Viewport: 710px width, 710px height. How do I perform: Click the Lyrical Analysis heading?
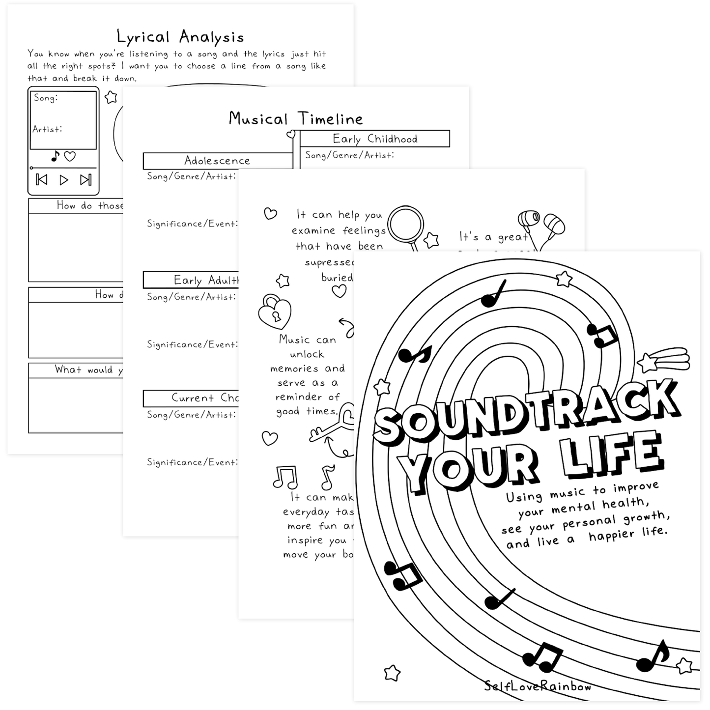point(180,37)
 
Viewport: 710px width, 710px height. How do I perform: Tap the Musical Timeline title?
point(296,119)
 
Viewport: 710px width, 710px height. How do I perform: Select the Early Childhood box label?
point(375,139)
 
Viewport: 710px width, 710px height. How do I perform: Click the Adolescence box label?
point(217,161)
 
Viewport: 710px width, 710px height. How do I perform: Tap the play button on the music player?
point(64,180)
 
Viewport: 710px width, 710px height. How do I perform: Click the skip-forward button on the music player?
point(85,180)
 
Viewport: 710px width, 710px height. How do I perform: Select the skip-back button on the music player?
point(42,180)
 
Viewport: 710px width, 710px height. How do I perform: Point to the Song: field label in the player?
point(46,98)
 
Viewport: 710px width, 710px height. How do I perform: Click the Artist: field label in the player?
point(47,129)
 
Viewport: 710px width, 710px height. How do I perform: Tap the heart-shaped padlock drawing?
point(275,312)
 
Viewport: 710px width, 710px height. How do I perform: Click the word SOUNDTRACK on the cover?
point(526,410)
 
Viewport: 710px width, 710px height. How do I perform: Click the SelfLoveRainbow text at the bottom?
point(538,686)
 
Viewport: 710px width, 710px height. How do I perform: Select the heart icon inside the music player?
point(70,156)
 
